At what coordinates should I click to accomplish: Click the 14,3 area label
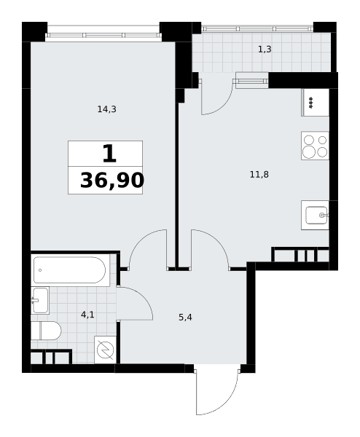coord(107,109)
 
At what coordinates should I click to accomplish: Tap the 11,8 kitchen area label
coord(259,175)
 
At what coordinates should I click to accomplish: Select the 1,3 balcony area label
coord(265,50)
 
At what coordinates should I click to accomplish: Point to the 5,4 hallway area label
coord(185,317)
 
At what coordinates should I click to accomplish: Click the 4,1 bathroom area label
coord(87,315)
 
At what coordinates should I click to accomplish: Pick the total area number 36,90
coord(112,181)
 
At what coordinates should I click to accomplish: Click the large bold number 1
coord(109,154)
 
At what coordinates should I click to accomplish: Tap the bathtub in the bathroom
coord(70,269)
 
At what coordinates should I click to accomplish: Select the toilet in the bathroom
coord(46,331)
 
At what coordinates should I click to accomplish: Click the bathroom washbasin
coord(40,300)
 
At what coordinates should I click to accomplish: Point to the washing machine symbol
coord(105,350)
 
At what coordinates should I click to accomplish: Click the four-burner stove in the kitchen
coord(315,146)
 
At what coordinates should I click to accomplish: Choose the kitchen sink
coord(315,215)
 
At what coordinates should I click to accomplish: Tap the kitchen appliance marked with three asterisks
coord(315,102)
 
